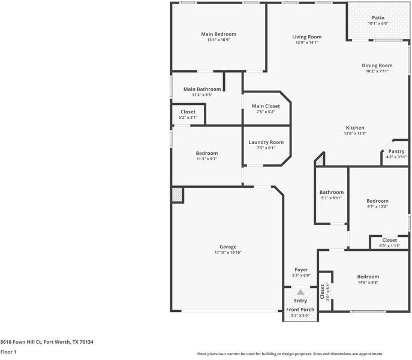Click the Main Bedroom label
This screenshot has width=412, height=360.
(219, 34)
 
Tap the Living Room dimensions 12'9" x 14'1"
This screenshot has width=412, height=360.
(307, 43)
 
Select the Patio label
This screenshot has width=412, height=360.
(378, 17)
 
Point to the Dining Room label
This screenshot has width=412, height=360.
(377, 65)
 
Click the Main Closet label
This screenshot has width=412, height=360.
(266, 106)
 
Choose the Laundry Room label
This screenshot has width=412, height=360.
(266, 142)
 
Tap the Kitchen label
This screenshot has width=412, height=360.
(355, 128)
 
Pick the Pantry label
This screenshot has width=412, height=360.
(396, 151)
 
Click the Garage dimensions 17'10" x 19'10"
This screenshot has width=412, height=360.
(228, 253)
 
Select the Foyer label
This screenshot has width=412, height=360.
(301, 269)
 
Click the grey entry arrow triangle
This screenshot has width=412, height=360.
(300, 292)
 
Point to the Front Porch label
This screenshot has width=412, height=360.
(300, 310)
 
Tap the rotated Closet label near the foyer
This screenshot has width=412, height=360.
(323, 292)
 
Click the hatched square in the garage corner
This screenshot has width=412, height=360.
(177, 194)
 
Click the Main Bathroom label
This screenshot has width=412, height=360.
(202, 89)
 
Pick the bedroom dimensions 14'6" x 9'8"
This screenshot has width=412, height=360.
(368, 283)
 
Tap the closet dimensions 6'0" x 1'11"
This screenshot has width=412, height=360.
(389, 246)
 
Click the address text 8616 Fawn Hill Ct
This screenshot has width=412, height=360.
(21, 342)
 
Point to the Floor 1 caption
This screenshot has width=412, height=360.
(8, 352)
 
